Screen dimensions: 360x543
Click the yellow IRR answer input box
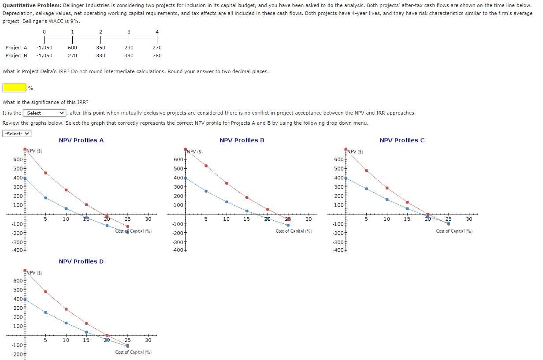point(15,87)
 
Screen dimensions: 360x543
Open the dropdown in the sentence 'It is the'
point(44,113)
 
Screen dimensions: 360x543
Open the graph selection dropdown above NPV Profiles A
point(17,134)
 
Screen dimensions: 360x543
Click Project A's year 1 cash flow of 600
point(72,48)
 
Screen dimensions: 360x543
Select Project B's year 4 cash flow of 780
point(157,56)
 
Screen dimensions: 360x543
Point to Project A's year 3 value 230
point(129,48)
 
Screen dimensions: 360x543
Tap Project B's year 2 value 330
point(100,56)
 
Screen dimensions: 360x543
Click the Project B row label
point(16,56)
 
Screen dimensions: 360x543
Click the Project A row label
point(16,48)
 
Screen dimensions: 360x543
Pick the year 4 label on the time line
point(157,32)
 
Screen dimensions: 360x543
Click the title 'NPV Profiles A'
point(81,140)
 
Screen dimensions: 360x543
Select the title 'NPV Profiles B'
point(242,140)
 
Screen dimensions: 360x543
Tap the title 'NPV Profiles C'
point(402,140)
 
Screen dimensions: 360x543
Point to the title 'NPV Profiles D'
point(81,261)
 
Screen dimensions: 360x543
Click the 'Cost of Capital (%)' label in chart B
point(294,231)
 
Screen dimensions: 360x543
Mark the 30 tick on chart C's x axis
point(469,219)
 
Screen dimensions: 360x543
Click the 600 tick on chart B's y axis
point(178,160)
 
